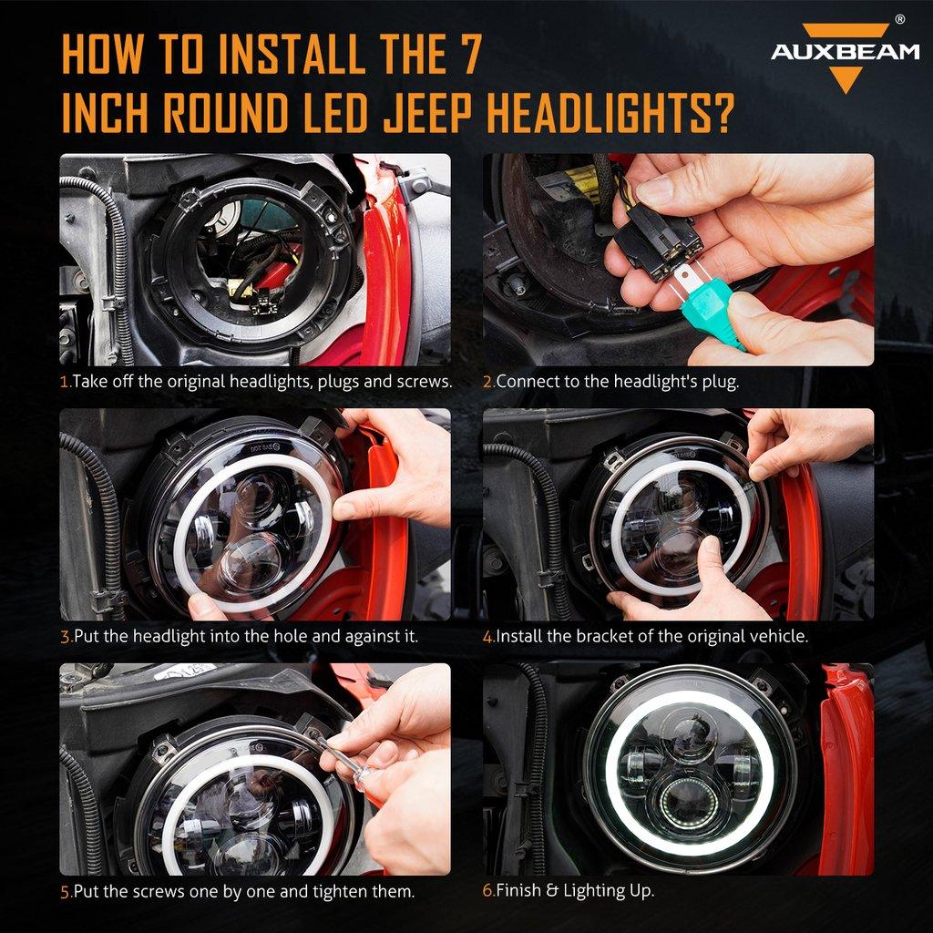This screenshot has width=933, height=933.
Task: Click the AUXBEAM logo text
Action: click(x=845, y=51)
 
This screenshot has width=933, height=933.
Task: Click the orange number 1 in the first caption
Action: click(x=65, y=382)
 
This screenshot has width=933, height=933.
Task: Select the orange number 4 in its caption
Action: click(x=487, y=636)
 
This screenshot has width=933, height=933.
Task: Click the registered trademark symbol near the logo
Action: click(x=900, y=18)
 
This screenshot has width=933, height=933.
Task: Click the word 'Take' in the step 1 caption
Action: click(x=90, y=382)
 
